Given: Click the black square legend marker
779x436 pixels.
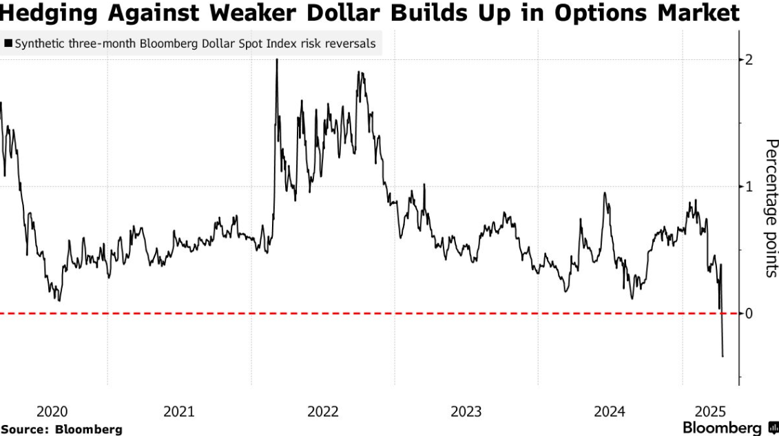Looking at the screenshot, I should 8,44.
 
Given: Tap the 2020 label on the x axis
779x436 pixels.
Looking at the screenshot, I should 52,412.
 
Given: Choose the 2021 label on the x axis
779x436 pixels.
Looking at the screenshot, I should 178,412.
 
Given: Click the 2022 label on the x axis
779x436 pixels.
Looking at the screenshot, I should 322,412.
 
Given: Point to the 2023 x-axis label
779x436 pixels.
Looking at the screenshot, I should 466,412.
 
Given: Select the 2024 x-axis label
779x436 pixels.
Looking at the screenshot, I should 610,412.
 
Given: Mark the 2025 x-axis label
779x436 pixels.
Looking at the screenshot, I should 712,412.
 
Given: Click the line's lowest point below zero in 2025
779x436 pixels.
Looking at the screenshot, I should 723,356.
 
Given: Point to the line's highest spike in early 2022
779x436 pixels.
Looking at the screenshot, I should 277,61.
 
